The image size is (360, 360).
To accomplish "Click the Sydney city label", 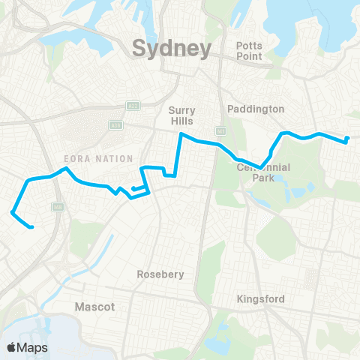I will click(170, 49).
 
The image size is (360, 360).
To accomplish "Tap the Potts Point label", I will click(249, 51).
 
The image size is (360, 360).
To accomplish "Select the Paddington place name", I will click(256, 109).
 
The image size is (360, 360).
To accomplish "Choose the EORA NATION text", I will click(98, 159).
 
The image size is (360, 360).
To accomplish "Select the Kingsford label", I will click(260, 298).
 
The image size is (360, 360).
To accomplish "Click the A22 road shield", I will click(132, 105).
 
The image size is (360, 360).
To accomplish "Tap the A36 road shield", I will click(115, 124).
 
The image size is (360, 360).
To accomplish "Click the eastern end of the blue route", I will click(347, 138).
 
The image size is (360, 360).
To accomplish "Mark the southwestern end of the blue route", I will click(31, 226).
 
